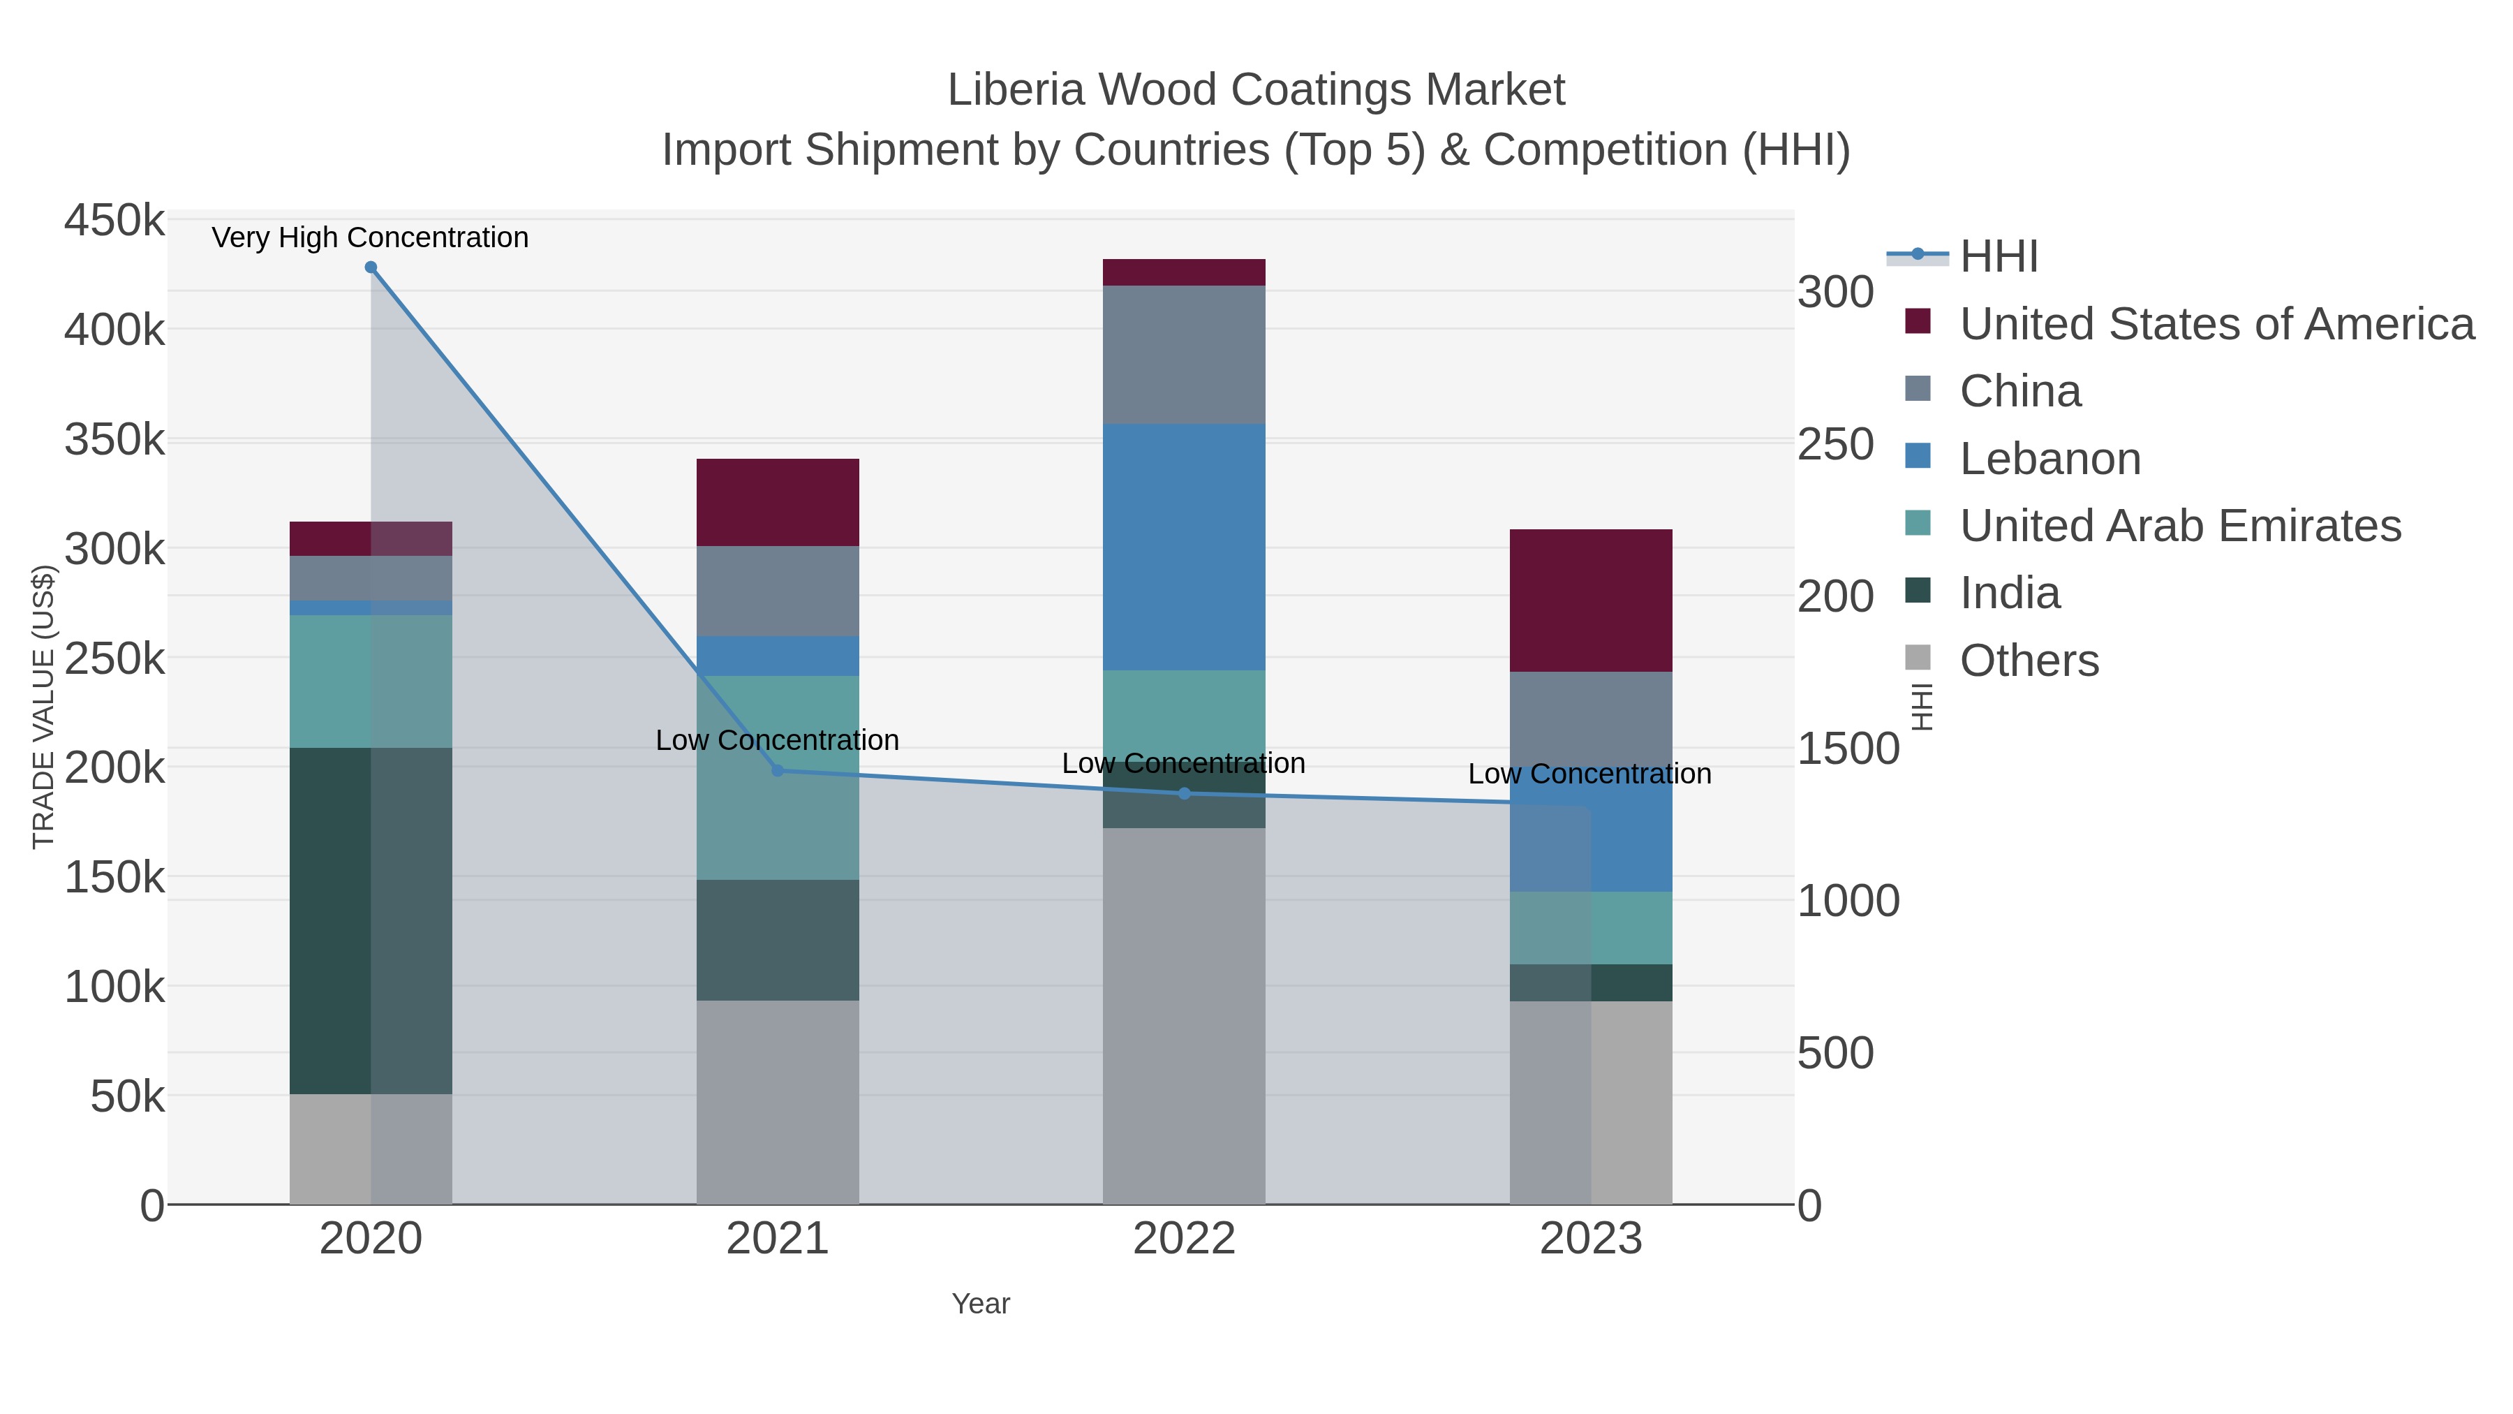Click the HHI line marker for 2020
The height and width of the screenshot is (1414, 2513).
(371, 267)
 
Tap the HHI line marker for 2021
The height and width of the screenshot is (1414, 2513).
(778, 771)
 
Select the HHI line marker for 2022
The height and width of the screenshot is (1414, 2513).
(1185, 793)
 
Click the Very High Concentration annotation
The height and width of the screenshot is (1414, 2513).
(370, 237)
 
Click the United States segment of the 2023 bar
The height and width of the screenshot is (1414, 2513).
(1590, 600)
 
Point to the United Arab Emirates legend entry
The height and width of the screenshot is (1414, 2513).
(2179, 526)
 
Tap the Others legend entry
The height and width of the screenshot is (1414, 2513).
(2029, 661)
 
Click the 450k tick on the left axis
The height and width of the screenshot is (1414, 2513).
(114, 221)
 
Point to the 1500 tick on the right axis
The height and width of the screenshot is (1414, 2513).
(1848, 749)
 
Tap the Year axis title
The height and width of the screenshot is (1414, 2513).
(981, 1304)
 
